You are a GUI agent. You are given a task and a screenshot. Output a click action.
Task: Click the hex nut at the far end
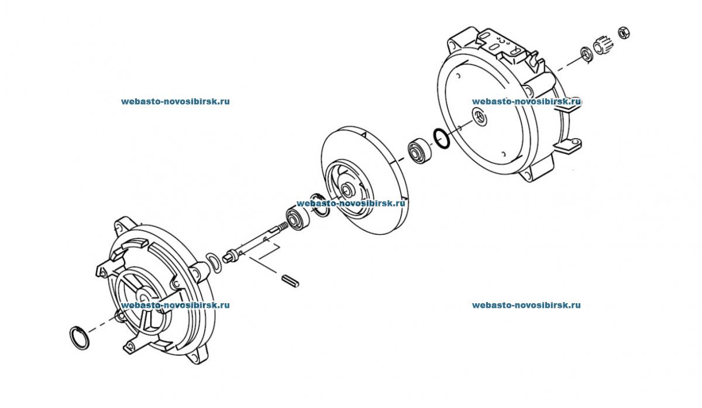(624, 33)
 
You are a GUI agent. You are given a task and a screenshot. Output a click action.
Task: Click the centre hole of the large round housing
(480, 116)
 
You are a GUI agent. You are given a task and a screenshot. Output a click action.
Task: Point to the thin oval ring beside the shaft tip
(215, 262)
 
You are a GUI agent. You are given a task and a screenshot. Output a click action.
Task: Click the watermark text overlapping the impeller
(350, 204)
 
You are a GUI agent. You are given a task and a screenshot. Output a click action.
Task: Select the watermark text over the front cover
(175, 305)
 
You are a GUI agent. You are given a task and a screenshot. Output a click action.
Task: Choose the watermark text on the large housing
(526, 101)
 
